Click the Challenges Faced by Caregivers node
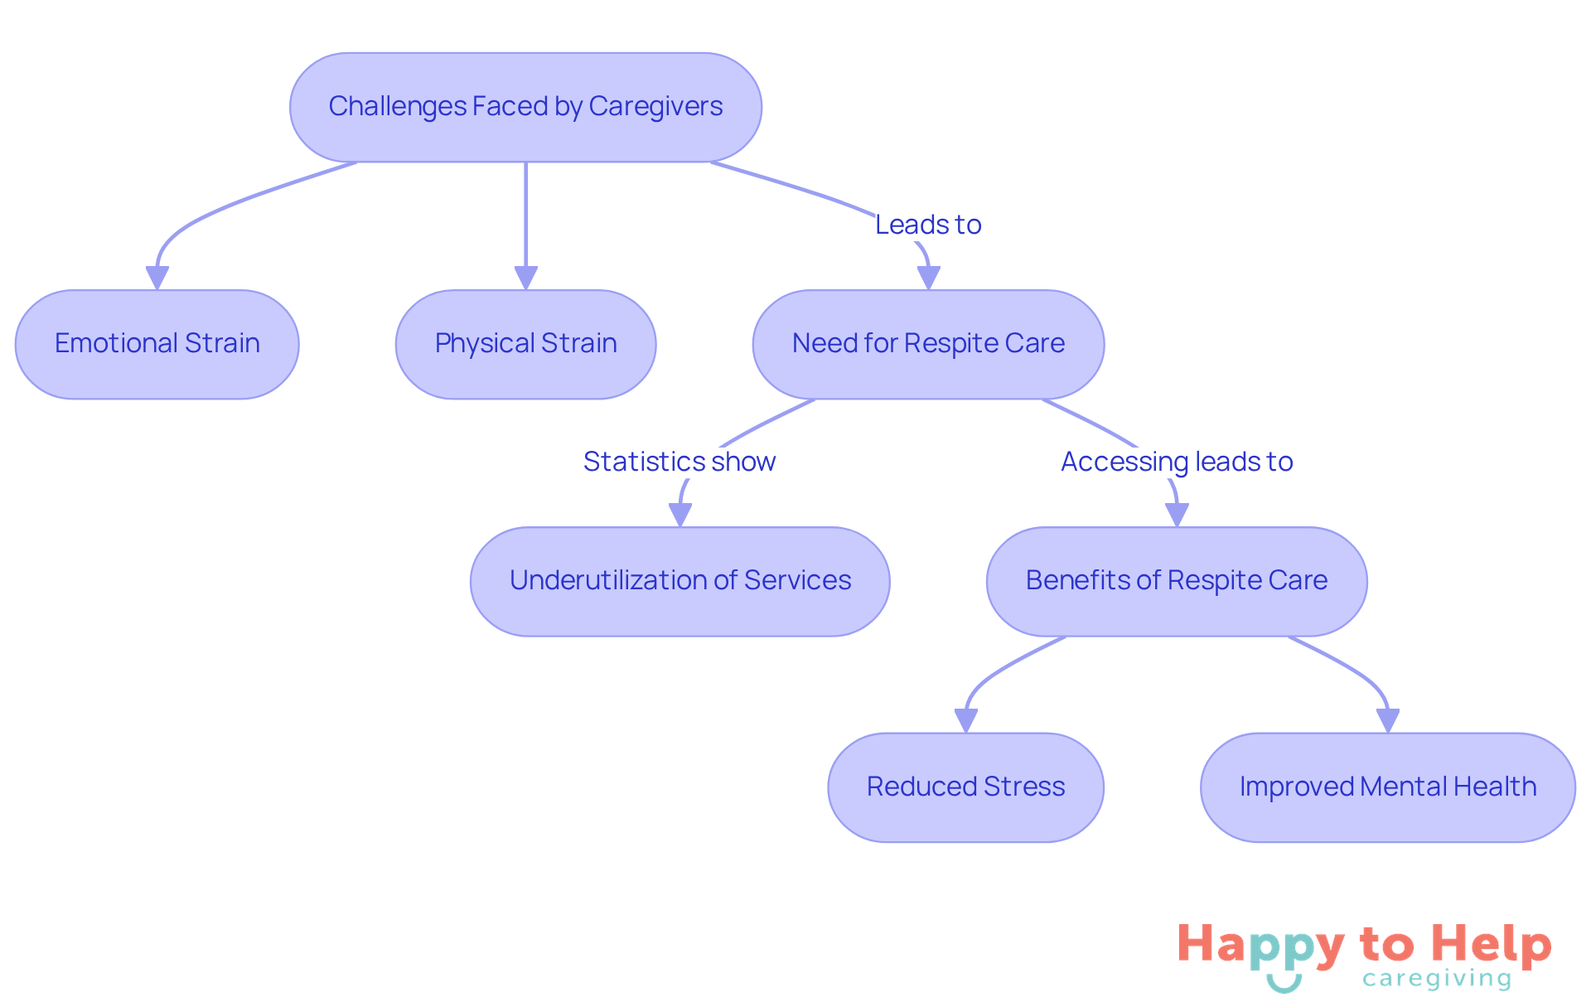(x=525, y=107)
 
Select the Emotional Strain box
(x=157, y=344)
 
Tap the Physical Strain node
(x=525, y=344)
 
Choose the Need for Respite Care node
(x=928, y=344)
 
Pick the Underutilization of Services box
(x=679, y=581)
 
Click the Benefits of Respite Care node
(x=1176, y=581)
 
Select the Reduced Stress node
(x=965, y=787)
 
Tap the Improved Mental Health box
(x=1387, y=787)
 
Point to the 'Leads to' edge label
(x=928, y=225)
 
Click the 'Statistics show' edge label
(x=679, y=462)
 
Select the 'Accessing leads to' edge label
(x=1177, y=462)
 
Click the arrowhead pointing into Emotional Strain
(x=157, y=278)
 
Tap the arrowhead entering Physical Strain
(x=525, y=278)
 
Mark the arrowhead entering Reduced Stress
(x=966, y=720)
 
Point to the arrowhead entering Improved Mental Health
(x=1388, y=720)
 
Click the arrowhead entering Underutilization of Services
(x=680, y=515)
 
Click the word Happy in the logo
(x=1260, y=945)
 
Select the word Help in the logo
(x=1492, y=945)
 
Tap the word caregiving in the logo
(x=1437, y=979)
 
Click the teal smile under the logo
(x=1284, y=984)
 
